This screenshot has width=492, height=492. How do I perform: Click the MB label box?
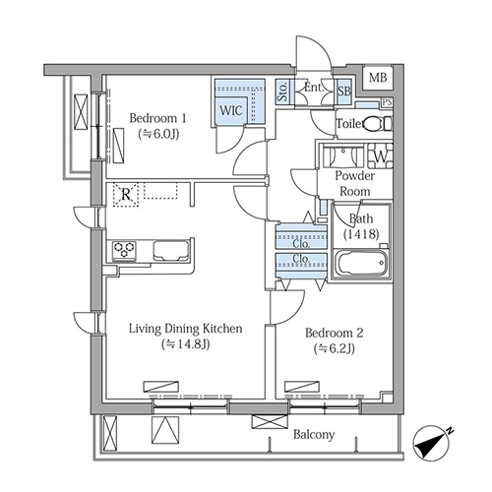(x=378, y=78)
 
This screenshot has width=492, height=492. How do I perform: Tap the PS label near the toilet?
(x=387, y=102)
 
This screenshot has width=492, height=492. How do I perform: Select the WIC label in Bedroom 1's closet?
(x=231, y=110)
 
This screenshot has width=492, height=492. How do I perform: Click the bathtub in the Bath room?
(x=362, y=264)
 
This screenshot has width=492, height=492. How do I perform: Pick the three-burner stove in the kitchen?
(x=124, y=250)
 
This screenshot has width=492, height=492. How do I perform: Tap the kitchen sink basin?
(x=170, y=251)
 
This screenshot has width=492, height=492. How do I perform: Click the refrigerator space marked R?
(x=126, y=195)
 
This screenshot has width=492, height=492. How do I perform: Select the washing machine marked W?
(x=380, y=156)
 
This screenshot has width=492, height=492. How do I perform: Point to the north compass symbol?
(x=431, y=443)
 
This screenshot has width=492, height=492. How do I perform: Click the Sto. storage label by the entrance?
(x=282, y=92)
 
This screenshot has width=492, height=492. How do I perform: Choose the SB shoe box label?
(x=344, y=92)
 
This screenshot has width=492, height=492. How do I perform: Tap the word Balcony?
(x=314, y=435)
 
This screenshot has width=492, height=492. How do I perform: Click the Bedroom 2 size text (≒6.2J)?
(x=335, y=348)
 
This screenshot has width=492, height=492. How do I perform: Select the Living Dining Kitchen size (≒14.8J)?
(x=186, y=344)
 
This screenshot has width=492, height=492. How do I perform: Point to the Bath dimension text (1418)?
(x=361, y=234)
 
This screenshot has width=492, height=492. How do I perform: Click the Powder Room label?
(x=355, y=183)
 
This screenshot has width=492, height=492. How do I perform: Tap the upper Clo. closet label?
(x=301, y=243)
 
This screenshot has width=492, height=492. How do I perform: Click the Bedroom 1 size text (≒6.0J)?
(x=158, y=134)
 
